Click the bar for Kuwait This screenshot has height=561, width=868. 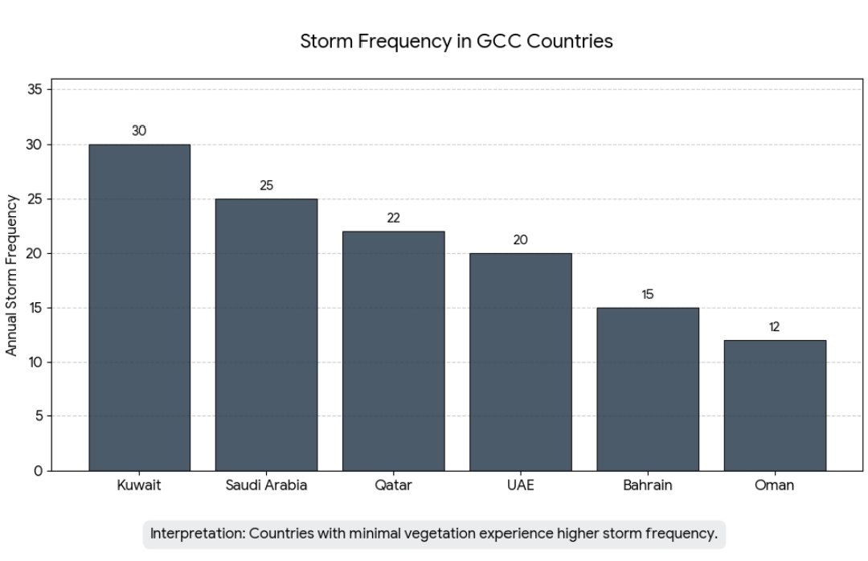[x=139, y=307]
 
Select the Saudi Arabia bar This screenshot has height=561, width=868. [x=266, y=334]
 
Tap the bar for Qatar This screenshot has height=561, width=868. [x=393, y=350]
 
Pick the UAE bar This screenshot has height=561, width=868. [x=520, y=362]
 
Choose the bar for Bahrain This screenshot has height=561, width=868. [x=647, y=389]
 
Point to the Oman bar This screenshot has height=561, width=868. [x=774, y=405]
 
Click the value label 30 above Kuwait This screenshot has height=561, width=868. [x=139, y=131]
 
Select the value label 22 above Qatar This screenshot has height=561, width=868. [x=393, y=218]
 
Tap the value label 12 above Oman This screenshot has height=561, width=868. [x=774, y=327]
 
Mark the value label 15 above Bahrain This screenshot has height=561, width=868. [x=647, y=294]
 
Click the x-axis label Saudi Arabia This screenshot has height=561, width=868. [x=266, y=485]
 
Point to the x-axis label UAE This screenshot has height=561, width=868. [x=520, y=485]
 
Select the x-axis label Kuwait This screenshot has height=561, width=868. [x=139, y=485]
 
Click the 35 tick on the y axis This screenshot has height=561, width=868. [x=34, y=90]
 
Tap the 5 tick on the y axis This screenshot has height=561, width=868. [x=38, y=416]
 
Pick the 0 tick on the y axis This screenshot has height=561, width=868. [x=38, y=471]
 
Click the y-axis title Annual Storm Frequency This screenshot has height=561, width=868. [x=12, y=274]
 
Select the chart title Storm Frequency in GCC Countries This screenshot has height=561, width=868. [x=456, y=42]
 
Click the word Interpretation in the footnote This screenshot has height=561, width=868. [x=198, y=534]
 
